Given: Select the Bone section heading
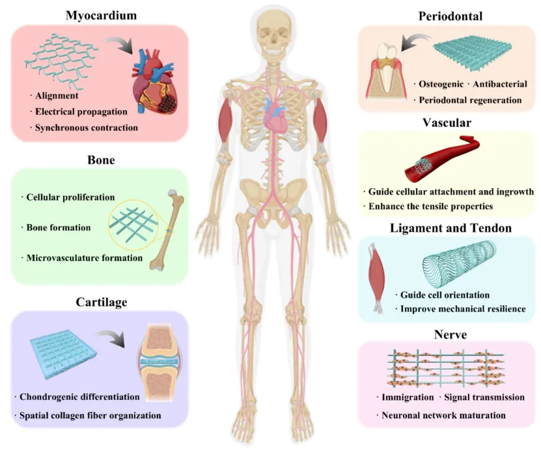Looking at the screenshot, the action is coord(101,160).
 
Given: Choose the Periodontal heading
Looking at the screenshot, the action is coord(449,16).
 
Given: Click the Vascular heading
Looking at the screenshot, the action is coord(447,122).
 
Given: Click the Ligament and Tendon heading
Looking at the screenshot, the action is coord(447,228).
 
